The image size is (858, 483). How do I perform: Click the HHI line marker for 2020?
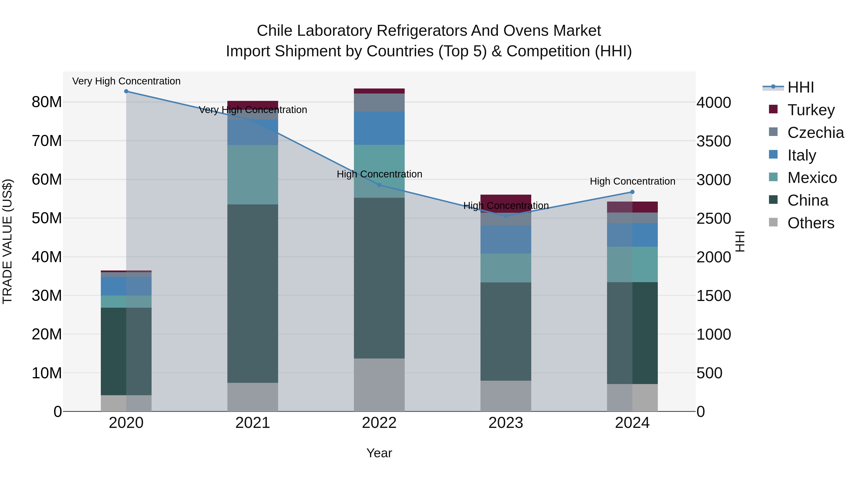click(126, 91)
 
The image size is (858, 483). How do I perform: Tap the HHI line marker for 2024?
click(632, 192)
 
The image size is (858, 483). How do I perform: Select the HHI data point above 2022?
click(379, 185)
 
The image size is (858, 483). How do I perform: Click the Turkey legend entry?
click(811, 110)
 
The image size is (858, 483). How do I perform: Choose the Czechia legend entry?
click(815, 132)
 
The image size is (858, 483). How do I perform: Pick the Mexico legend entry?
click(812, 177)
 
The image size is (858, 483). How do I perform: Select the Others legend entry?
click(811, 223)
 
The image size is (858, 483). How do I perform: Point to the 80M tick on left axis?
click(47, 102)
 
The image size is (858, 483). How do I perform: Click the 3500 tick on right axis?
click(713, 141)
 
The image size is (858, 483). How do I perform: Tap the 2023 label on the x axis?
click(506, 423)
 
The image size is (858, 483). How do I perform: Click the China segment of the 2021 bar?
click(252, 293)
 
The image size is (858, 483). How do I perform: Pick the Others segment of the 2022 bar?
click(379, 385)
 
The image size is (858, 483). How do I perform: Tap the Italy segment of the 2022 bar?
click(379, 128)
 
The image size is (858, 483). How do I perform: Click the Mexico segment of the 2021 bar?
click(252, 175)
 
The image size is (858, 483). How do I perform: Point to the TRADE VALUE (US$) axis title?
click(7, 241)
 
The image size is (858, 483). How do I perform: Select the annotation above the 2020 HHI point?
click(126, 81)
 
